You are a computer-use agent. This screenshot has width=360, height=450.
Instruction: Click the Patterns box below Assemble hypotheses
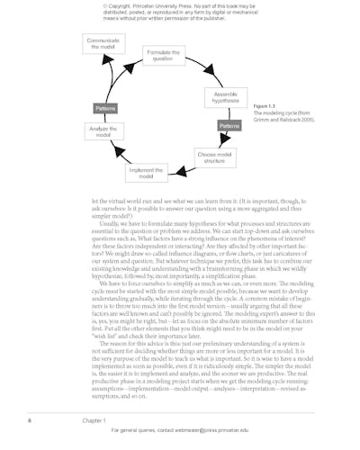[229, 126]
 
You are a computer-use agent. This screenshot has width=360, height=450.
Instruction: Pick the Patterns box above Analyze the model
[105, 109]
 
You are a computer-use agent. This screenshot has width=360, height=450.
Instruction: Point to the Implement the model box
[146, 172]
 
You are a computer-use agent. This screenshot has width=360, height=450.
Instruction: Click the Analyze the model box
[102, 132]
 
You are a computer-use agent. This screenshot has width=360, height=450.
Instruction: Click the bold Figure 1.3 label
[266, 105]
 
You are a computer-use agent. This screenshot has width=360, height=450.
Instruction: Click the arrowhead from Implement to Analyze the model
[111, 154]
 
